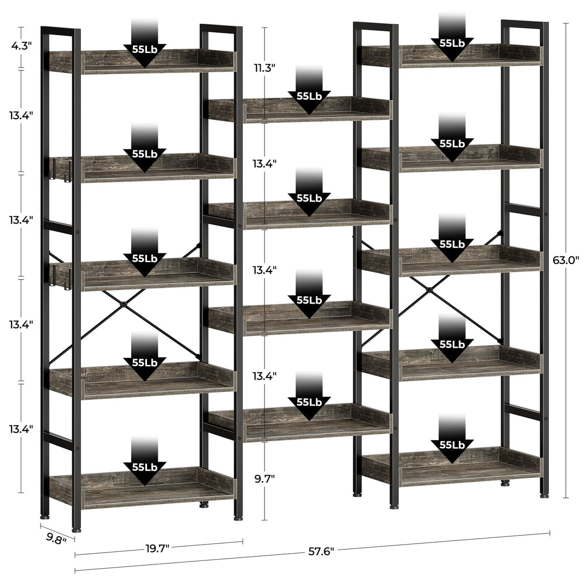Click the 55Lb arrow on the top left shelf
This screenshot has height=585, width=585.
[145, 50]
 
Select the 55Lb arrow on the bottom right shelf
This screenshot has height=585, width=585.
[452, 446]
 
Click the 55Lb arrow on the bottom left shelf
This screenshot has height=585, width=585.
[145, 467]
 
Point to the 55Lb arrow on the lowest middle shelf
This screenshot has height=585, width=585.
[309, 402]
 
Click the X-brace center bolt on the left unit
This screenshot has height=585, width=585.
[124, 305]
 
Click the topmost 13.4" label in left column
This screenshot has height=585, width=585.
[20, 116]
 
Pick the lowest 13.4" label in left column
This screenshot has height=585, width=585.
[20, 429]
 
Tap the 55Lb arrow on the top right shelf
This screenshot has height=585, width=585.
[452, 43]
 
